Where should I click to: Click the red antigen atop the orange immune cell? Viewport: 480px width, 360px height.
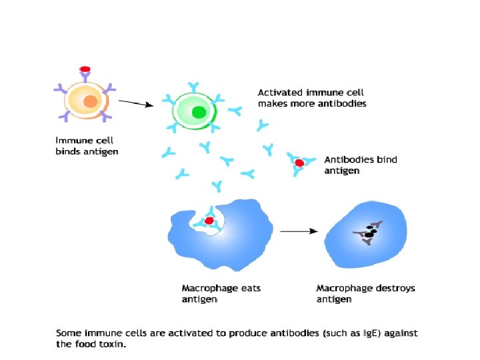(x=85, y=69)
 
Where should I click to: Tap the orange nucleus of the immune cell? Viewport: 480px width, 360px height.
(x=91, y=102)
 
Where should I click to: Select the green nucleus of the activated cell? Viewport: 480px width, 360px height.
(x=198, y=112)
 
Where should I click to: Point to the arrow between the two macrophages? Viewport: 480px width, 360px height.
(x=298, y=231)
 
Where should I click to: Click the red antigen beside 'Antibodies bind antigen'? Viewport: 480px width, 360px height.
(x=299, y=163)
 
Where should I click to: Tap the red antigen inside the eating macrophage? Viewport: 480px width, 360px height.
(x=209, y=220)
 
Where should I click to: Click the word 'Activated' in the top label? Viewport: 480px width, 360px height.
(x=281, y=93)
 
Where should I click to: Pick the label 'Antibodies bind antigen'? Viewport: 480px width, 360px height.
(x=352, y=165)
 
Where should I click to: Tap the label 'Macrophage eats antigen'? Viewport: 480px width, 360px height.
(x=221, y=294)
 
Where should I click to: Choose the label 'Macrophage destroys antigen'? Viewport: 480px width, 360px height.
(x=365, y=294)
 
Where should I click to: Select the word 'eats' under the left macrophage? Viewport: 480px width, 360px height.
(x=250, y=289)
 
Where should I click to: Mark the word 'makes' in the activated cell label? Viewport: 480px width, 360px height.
(x=273, y=104)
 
